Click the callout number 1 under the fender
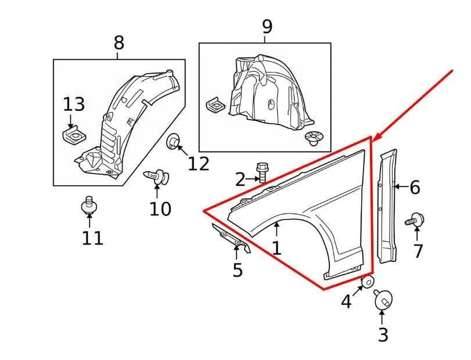click(x=276, y=248)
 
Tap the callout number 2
click(x=240, y=179)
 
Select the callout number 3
click(x=383, y=334)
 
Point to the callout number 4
click(x=346, y=301)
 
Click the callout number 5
click(x=237, y=270)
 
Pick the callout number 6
click(x=414, y=187)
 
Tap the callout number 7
click(x=418, y=251)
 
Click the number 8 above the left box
click(x=118, y=42)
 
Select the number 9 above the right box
click(x=267, y=27)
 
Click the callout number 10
click(x=160, y=208)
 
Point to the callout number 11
click(x=92, y=237)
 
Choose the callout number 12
click(x=198, y=164)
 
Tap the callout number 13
click(x=74, y=105)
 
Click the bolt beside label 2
click(x=262, y=172)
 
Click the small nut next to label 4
click(x=368, y=283)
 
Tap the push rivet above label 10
click(x=156, y=175)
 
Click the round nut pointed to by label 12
click(x=173, y=141)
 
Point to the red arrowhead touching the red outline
click(x=375, y=138)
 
